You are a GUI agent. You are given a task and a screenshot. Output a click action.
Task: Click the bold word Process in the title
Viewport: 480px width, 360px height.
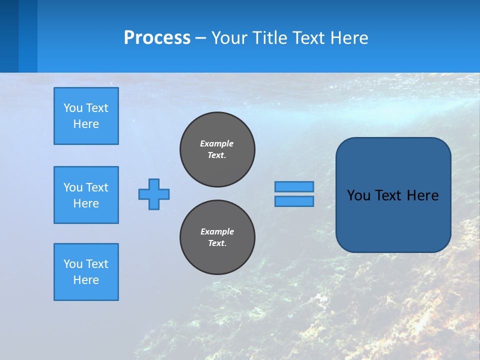tap(157, 38)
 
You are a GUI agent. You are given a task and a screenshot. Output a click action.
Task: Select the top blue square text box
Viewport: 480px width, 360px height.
tap(86, 116)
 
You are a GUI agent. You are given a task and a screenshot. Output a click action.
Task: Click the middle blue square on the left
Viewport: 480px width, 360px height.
tap(86, 195)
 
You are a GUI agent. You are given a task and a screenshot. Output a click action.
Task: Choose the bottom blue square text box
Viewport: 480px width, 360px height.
tap(86, 272)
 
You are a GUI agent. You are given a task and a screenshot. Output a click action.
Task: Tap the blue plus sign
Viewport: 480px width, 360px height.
tap(154, 194)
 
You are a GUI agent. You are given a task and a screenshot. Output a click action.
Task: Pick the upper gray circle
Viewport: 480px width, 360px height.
tap(217, 149)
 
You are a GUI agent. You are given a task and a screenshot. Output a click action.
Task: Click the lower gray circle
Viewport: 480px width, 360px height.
tap(217, 237)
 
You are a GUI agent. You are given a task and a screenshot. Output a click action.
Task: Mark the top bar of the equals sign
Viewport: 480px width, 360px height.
tap(294, 186)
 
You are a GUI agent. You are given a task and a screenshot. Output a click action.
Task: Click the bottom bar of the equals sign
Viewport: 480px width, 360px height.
tap(294, 201)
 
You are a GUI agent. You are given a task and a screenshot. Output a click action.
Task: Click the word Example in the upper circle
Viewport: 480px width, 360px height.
tap(216, 143)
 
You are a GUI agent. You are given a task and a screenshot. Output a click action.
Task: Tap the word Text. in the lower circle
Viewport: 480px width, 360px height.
tap(217, 243)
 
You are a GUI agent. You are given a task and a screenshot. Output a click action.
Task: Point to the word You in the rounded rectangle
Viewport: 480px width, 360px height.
tap(358, 195)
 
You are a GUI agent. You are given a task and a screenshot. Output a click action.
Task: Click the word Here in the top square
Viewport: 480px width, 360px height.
tap(86, 124)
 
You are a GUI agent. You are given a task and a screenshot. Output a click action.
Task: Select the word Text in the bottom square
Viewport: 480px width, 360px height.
tap(97, 264)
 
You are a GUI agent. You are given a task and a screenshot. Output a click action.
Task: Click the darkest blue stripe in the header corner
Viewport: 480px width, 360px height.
tap(9, 36)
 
